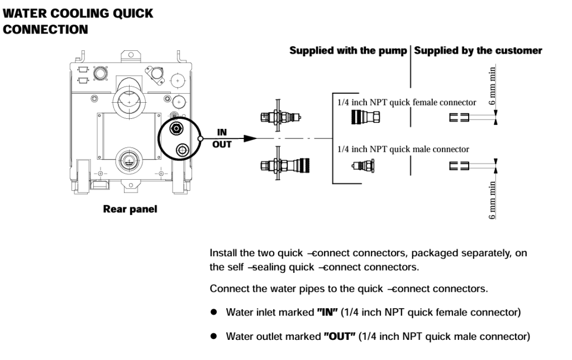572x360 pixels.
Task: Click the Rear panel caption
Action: click(130, 209)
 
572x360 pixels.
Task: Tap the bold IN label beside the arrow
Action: click(222, 132)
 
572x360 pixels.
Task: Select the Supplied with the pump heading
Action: click(348, 51)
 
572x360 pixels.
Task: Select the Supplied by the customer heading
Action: click(478, 51)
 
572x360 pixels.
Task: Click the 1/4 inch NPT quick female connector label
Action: click(406, 102)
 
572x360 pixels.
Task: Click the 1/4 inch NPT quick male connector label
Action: click(403, 149)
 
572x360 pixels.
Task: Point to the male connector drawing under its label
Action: click(364, 166)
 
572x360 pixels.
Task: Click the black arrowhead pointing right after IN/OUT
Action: click(250, 138)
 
